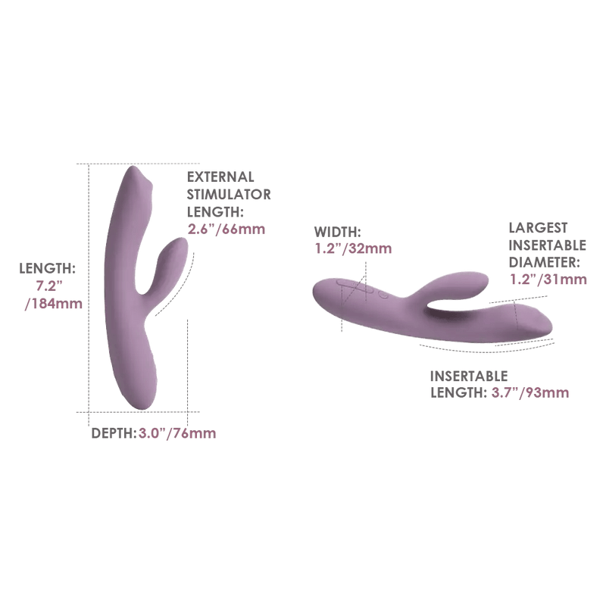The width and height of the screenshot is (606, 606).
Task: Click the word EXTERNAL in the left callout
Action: [x=220, y=177]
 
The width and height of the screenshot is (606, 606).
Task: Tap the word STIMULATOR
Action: [x=229, y=195]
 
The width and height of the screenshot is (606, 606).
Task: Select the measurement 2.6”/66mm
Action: [x=226, y=230]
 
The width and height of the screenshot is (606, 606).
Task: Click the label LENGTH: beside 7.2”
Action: [x=47, y=268]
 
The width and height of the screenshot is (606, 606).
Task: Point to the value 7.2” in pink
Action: [x=49, y=286]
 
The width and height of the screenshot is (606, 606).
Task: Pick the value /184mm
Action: [x=54, y=304]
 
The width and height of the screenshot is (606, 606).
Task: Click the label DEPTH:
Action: [x=114, y=433]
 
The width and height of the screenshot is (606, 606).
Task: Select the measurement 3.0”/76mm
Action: [x=177, y=433]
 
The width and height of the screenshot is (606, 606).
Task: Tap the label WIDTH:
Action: [x=337, y=232]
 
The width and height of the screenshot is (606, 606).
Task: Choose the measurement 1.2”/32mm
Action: [x=353, y=248]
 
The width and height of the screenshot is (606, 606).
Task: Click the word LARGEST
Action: [x=538, y=228]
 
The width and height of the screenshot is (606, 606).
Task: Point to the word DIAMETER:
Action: [x=545, y=262]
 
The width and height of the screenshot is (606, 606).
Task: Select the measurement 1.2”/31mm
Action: [x=548, y=279]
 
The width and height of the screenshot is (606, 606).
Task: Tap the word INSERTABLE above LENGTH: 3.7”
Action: [x=469, y=376]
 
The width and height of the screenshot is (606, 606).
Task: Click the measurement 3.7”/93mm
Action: [x=530, y=393]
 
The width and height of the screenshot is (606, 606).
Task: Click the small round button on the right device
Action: [x=383, y=295]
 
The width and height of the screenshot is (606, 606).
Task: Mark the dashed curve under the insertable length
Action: [x=487, y=349]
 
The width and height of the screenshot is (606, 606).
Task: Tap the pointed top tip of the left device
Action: [x=133, y=167]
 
